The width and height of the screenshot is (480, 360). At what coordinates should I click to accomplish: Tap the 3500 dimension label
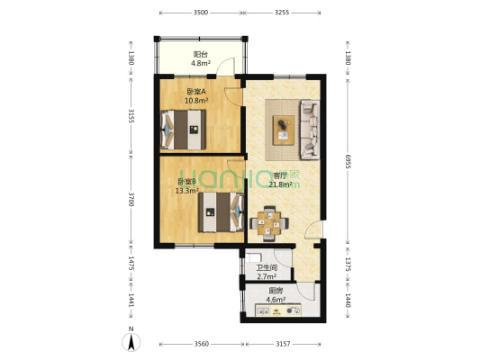(201, 13)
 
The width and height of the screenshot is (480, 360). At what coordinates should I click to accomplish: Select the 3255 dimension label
(282, 13)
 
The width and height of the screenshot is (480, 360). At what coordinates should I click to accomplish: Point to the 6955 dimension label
(348, 161)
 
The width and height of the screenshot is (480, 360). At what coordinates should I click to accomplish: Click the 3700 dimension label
(131, 199)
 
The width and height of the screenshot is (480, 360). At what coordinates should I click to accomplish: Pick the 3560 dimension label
(202, 344)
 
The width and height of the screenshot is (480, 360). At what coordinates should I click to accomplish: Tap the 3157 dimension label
(283, 344)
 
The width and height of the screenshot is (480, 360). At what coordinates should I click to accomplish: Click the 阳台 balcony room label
(201, 54)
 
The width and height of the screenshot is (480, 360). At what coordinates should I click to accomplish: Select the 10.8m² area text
(196, 100)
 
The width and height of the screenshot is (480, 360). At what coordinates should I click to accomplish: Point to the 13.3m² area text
(186, 191)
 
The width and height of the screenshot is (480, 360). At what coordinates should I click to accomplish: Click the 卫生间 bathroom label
(267, 268)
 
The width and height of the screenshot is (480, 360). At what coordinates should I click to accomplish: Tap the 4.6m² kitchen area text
(276, 300)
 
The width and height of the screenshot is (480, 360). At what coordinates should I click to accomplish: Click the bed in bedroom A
(183, 130)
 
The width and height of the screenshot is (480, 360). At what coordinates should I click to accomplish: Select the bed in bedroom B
(221, 212)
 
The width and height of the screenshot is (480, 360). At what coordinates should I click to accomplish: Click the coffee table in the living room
(284, 130)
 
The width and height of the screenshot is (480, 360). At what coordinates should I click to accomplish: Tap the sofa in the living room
(310, 130)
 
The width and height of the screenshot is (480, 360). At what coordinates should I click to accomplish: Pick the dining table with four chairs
(269, 223)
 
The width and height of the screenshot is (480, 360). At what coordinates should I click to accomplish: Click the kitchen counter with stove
(278, 310)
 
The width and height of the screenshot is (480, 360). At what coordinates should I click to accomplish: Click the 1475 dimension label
(131, 264)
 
